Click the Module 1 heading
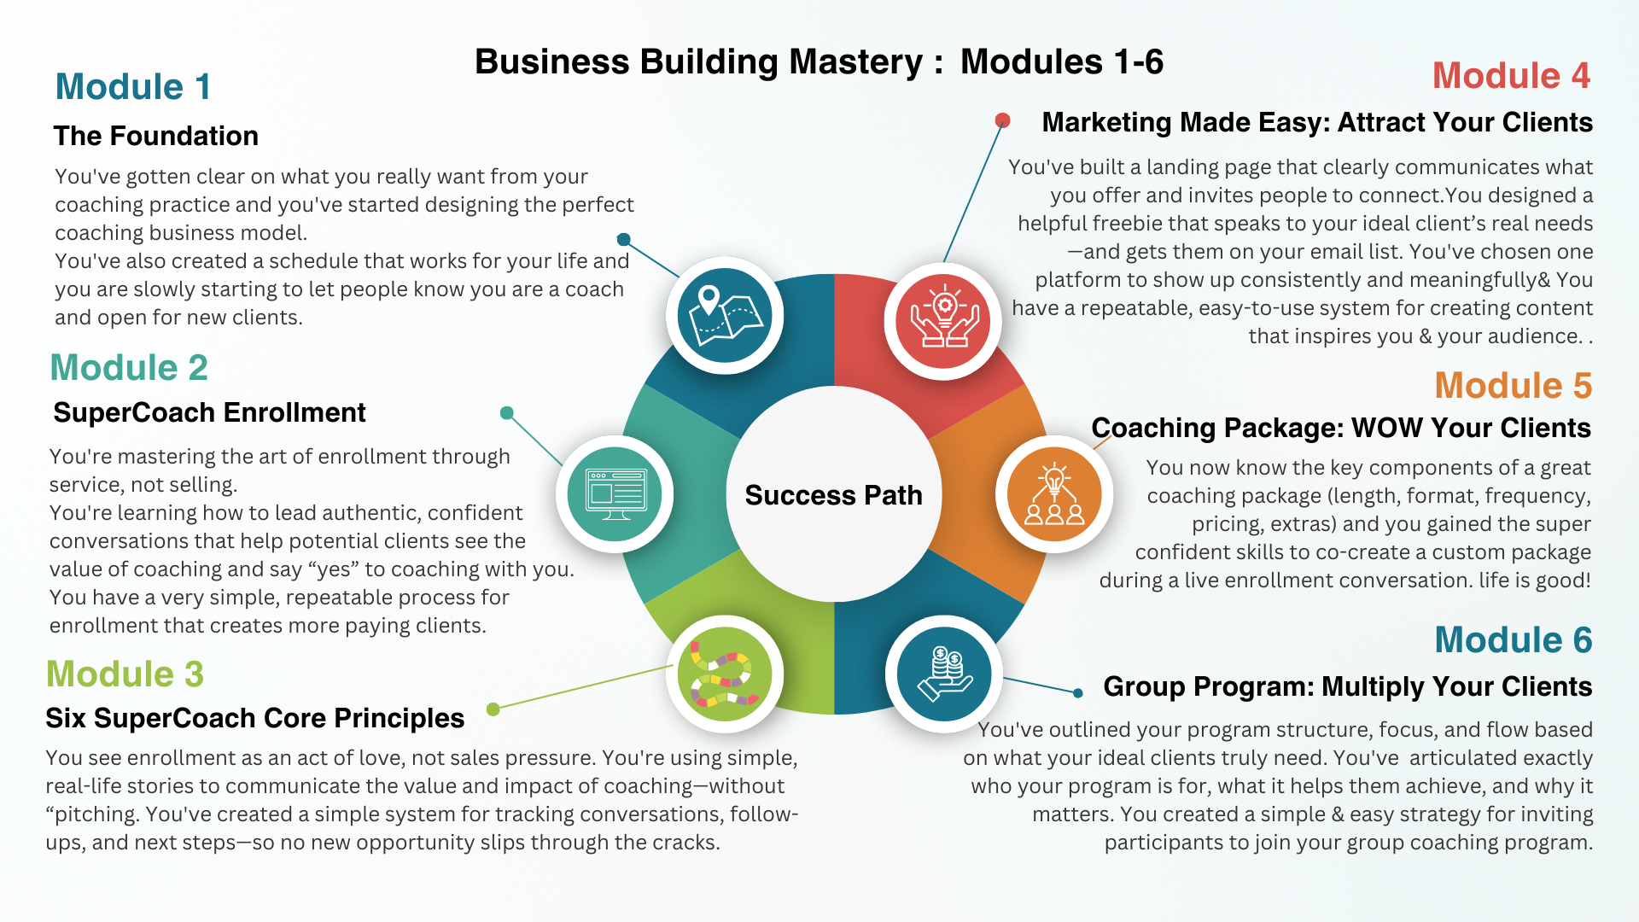[x=132, y=87]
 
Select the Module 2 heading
[x=129, y=368]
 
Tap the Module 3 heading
[x=125, y=674]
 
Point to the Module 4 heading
[x=1511, y=76]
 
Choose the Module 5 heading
[x=1513, y=386]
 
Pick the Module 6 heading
[x=1513, y=640]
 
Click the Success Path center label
[x=833, y=495]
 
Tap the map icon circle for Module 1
[x=725, y=315]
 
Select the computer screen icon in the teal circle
[x=615, y=494]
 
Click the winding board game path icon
[x=725, y=674]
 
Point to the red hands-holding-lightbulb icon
[x=943, y=321]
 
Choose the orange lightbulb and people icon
[x=1054, y=494]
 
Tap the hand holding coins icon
[x=944, y=674]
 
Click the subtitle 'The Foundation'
[x=156, y=137]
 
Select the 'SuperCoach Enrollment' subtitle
[x=209, y=413]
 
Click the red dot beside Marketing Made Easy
[x=1003, y=120]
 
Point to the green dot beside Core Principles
[x=493, y=709]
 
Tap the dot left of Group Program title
[x=1078, y=692]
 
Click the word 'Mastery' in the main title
[x=856, y=62]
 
